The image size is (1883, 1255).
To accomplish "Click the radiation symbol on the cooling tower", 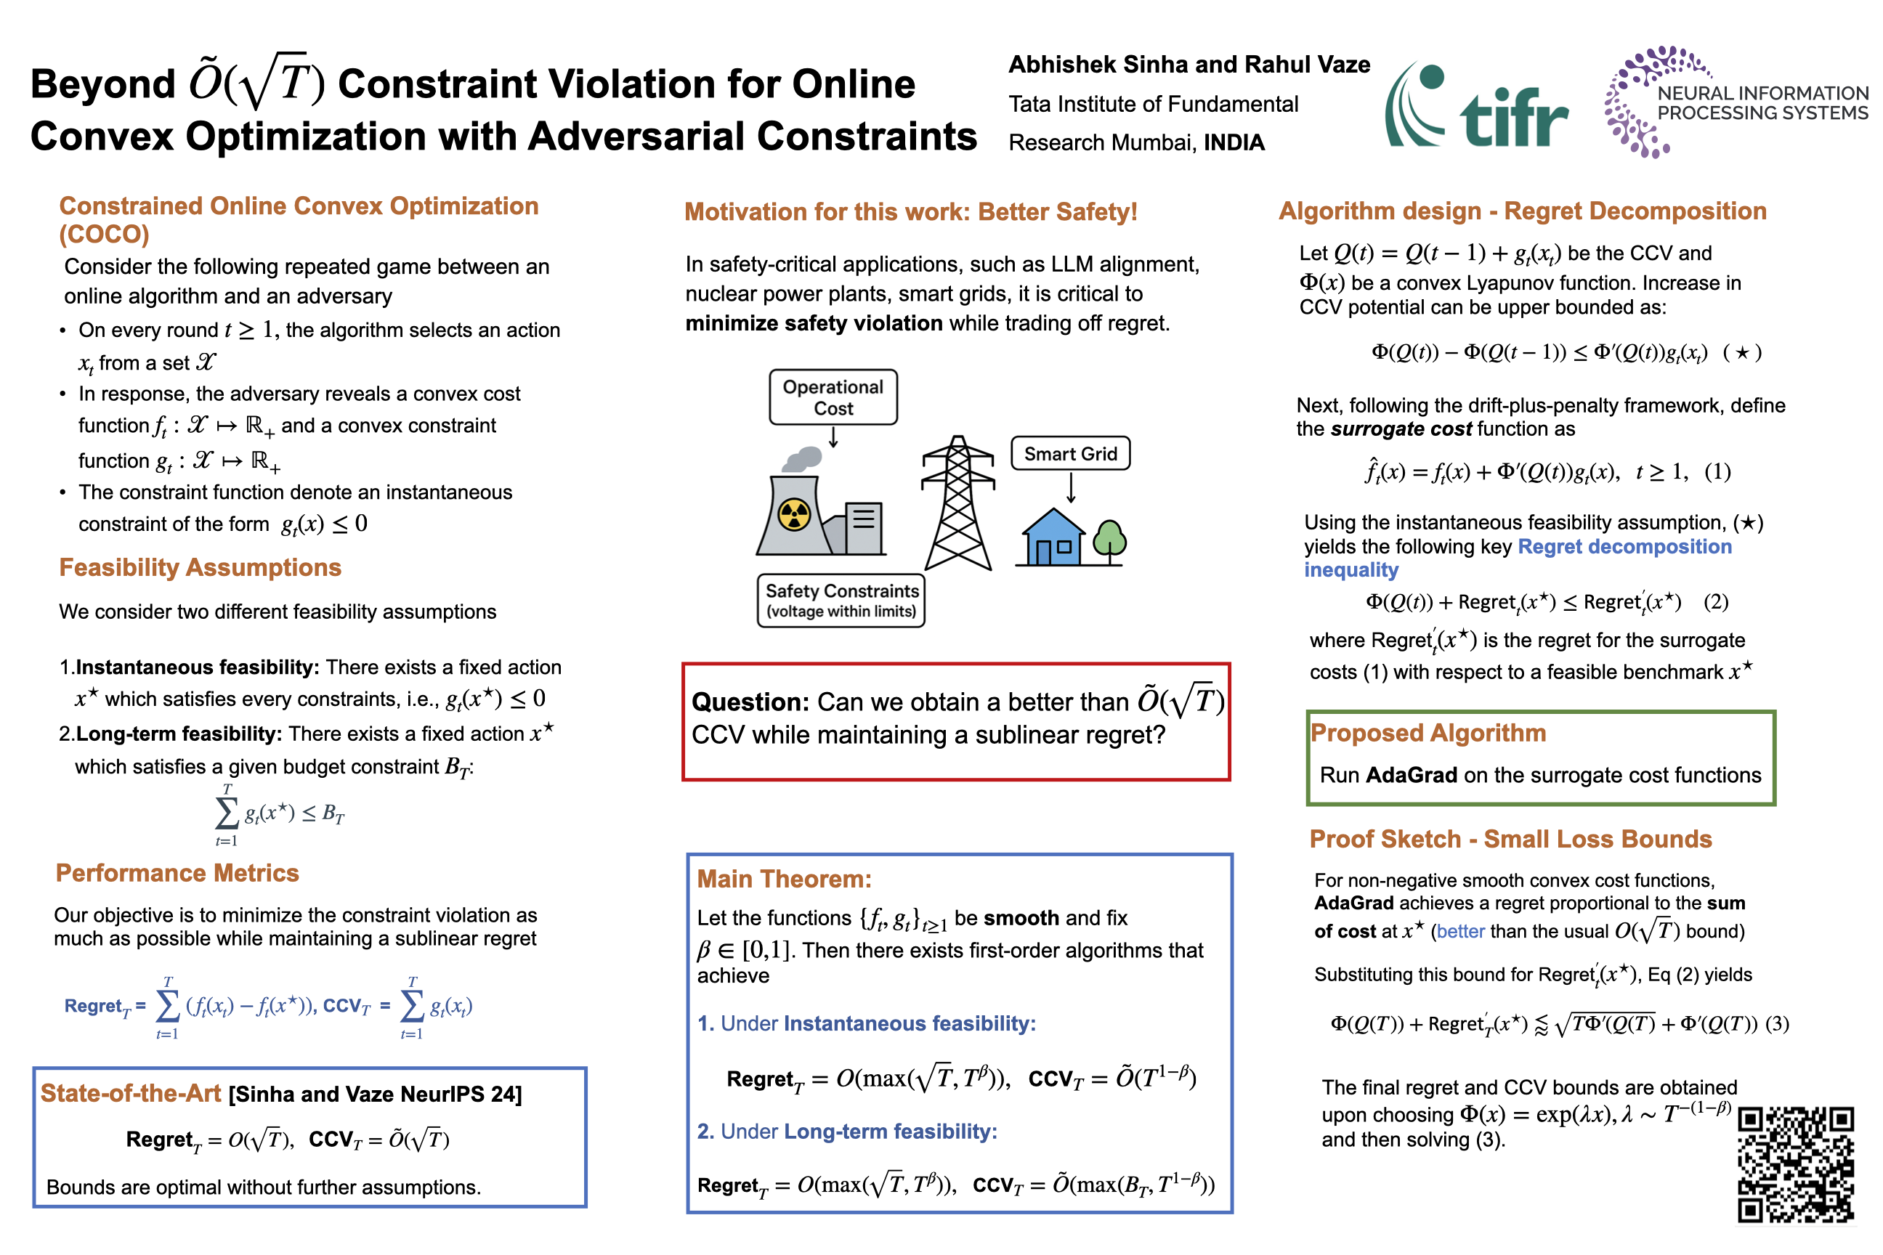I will [x=794, y=515].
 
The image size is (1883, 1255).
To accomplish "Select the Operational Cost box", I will [x=833, y=397].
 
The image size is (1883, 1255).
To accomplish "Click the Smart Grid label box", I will [x=1069, y=454].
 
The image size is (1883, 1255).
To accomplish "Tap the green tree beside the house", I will [x=1109, y=540].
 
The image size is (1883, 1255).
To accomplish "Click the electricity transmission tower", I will [x=957, y=504].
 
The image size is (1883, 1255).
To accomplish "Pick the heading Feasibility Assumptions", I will [x=201, y=567].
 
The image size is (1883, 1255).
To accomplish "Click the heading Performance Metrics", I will [x=177, y=872].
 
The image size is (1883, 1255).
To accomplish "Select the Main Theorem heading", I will [x=784, y=879].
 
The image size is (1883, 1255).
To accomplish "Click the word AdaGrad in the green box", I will [x=1411, y=775].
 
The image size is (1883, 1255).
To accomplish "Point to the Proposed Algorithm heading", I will [x=1428, y=732].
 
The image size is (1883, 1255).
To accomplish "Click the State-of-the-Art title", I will [x=131, y=1093].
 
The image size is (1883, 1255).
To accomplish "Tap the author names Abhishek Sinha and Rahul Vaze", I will [x=1189, y=65].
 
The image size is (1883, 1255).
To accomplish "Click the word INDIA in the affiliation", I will [x=1234, y=142].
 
